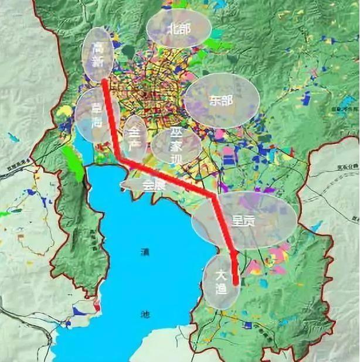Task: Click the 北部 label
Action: point(178,28)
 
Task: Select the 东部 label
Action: point(220,101)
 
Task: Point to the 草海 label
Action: point(95,115)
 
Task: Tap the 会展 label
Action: point(151,185)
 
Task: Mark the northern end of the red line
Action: point(104,81)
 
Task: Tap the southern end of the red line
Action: point(236,284)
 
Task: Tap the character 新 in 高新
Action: point(98,61)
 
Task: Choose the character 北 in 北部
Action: point(172,28)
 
